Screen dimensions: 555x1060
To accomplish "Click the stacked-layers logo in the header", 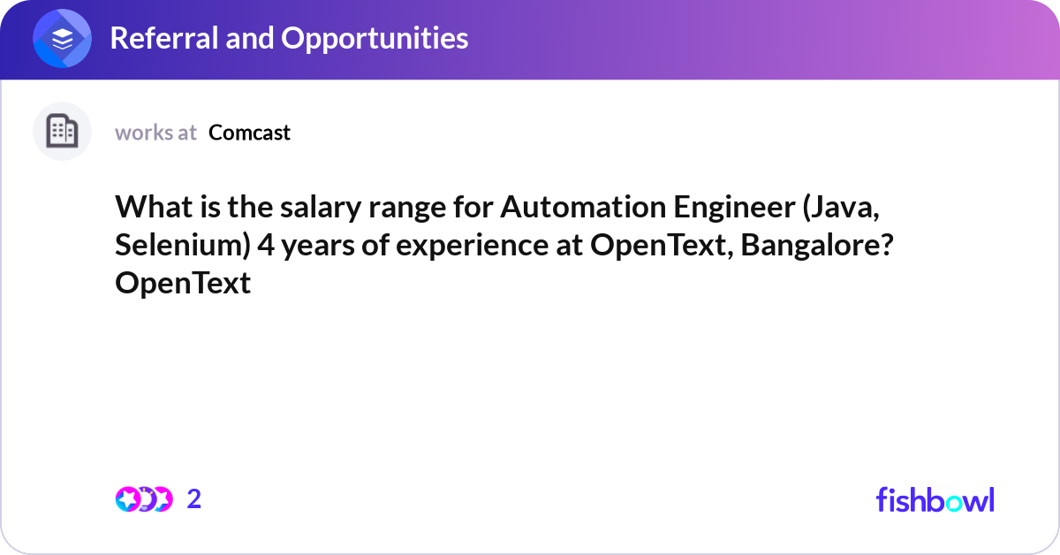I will pyautogui.click(x=63, y=39).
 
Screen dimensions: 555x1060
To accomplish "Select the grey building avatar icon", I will pyautogui.click(x=62, y=132).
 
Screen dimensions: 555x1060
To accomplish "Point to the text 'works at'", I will pyautogui.click(x=155, y=133).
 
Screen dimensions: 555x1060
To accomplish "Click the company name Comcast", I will pyautogui.click(x=250, y=133).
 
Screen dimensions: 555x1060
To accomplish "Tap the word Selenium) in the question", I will pyautogui.click(x=183, y=246).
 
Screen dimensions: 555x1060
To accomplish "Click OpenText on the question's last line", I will pyautogui.click(x=183, y=284).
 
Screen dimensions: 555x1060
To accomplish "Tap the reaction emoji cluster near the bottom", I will pyautogui.click(x=144, y=499).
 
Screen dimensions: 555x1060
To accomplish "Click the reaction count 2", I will pyautogui.click(x=194, y=499).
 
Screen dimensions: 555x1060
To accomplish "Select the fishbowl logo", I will pyautogui.click(x=935, y=499).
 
